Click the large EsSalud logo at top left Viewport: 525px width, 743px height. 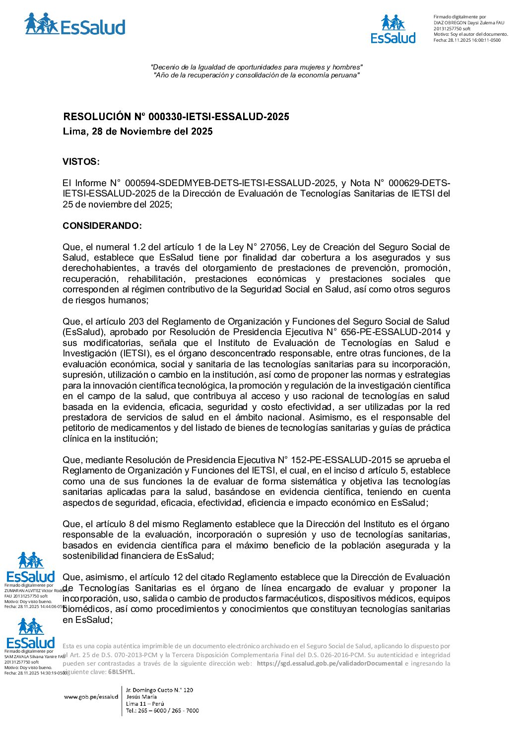[x=75, y=24]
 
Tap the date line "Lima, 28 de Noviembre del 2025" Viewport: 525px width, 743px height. [x=137, y=132]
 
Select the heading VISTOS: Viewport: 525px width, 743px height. [x=81, y=162]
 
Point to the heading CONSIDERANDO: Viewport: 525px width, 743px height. [x=102, y=226]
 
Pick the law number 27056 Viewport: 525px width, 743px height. [x=274, y=247]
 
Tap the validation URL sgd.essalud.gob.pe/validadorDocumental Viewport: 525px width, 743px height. [x=329, y=664]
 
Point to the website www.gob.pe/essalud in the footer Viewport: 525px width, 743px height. [x=91, y=697]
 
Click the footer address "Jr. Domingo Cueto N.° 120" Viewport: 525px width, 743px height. [x=159, y=690]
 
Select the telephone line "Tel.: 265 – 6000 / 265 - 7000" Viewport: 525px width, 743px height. [x=162, y=711]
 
